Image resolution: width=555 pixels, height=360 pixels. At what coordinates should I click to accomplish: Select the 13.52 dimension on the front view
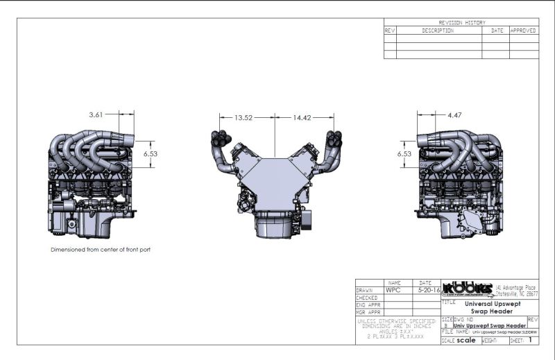tap(243, 118)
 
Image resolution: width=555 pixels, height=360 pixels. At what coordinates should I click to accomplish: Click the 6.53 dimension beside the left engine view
tap(151, 154)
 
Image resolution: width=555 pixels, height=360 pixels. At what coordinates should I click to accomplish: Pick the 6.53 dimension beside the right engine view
tap(404, 154)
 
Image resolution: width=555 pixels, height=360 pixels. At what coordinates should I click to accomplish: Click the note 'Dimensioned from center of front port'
tap(101, 250)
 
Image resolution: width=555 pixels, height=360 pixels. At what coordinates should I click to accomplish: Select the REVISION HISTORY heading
tap(461, 22)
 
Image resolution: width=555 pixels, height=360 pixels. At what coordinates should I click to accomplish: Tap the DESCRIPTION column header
tap(438, 31)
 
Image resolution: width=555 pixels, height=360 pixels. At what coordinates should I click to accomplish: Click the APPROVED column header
tap(523, 31)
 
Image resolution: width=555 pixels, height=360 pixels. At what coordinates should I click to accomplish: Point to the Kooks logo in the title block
tap(467, 289)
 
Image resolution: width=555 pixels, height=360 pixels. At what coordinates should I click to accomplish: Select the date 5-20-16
tap(425, 290)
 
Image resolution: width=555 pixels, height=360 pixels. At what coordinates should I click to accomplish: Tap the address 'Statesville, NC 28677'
tap(516, 293)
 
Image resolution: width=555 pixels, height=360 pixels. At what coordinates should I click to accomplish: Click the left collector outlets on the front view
tap(222, 139)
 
